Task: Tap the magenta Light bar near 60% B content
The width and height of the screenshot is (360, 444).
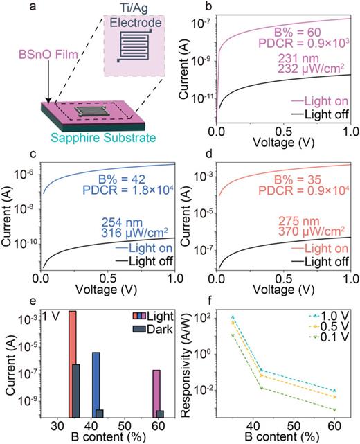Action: (157, 391)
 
